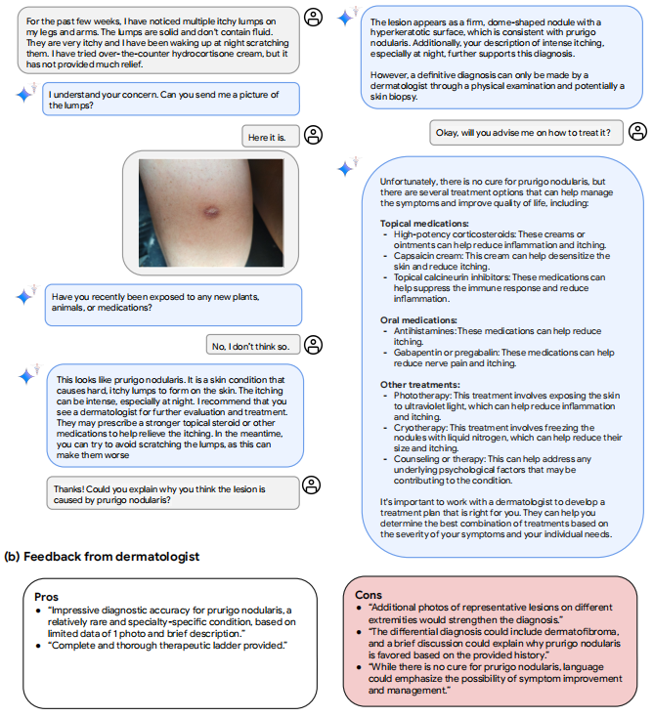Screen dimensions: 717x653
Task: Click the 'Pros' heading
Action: click(x=46, y=596)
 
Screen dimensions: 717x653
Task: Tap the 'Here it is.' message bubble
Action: click(x=267, y=138)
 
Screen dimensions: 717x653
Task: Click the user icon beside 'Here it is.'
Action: click(x=313, y=135)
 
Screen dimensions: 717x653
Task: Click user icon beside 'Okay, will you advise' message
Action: click(x=637, y=131)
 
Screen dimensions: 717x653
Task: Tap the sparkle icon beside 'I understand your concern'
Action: click(x=25, y=95)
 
